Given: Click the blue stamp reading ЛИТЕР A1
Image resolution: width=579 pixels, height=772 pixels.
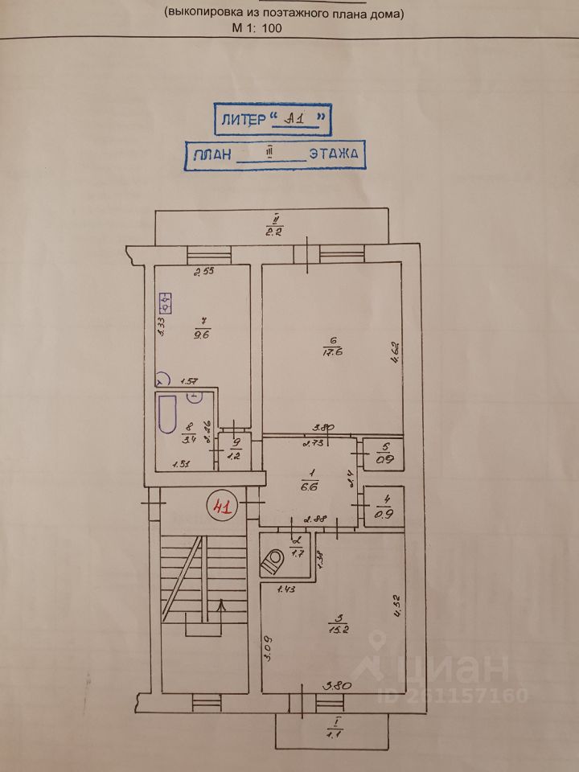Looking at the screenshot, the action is pyautogui.click(x=273, y=120).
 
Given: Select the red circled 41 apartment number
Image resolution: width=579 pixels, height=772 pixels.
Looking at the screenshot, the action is pyautogui.click(x=220, y=507).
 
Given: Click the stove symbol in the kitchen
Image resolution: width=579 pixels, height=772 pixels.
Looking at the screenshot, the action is pyautogui.click(x=166, y=304).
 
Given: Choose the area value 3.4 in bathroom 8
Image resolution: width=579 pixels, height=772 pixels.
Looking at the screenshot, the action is pyautogui.click(x=190, y=440).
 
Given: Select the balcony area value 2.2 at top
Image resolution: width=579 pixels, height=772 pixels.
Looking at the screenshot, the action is pyautogui.click(x=274, y=233).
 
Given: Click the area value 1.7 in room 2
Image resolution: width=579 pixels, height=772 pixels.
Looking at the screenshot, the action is pyautogui.click(x=297, y=552).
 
